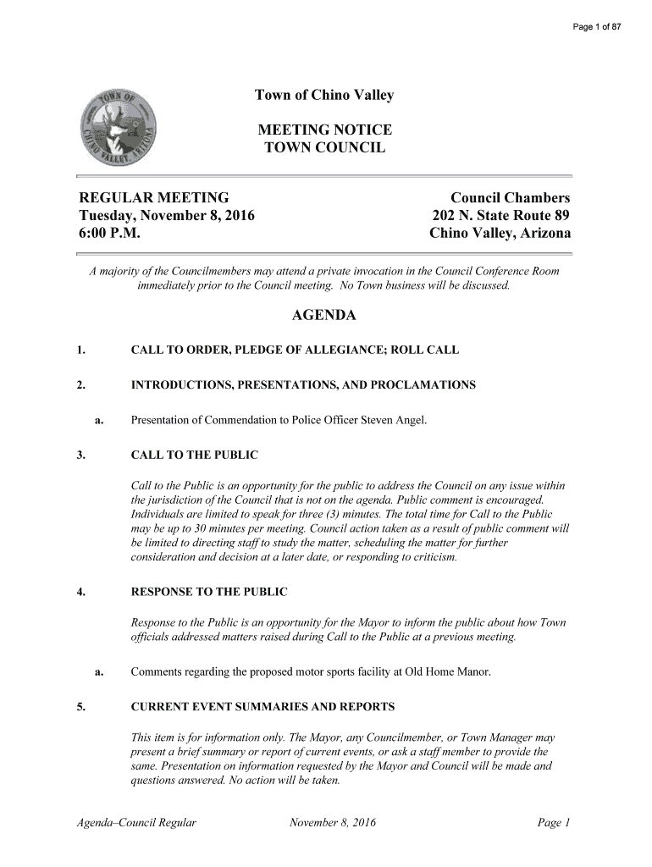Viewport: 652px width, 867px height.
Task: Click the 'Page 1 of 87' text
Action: point(598,27)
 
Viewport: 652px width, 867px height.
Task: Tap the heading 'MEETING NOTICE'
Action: point(324,130)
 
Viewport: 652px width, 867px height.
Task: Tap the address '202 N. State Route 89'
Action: point(501,216)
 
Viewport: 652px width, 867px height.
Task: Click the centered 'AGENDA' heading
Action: point(324,317)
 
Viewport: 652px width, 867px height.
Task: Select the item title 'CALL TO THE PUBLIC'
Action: point(194,456)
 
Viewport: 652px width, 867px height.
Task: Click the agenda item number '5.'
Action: point(80,705)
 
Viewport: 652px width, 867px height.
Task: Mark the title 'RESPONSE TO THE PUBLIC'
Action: point(209,591)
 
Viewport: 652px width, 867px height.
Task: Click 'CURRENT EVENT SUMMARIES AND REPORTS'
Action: point(262,705)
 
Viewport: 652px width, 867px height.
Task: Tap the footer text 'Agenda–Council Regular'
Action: point(136,822)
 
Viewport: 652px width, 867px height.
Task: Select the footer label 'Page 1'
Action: point(555,822)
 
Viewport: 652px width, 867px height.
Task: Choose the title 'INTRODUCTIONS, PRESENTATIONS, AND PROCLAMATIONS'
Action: point(303,385)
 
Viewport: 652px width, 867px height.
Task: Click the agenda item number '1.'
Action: point(80,350)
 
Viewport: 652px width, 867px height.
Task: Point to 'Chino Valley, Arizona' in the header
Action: point(500,234)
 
